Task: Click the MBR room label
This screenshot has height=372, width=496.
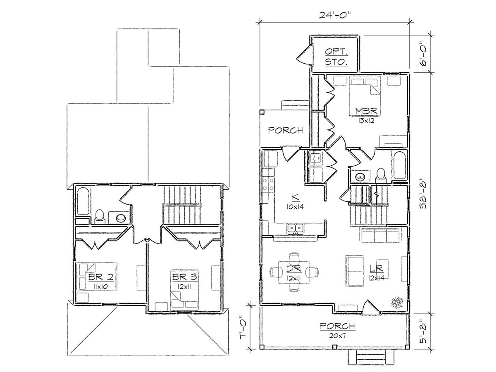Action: coord(366,111)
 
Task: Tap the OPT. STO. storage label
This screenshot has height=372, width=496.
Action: coord(336,57)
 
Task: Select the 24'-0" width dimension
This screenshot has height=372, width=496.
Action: coord(335,15)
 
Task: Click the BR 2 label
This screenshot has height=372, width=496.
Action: coord(101,277)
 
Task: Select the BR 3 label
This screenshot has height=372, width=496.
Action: coord(185,277)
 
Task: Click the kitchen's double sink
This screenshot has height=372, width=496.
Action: coord(296,229)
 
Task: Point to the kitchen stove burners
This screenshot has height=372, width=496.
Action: coord(268,184)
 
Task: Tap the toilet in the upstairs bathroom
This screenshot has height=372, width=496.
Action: coord(99,217)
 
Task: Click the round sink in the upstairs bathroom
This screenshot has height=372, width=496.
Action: coord(121,218)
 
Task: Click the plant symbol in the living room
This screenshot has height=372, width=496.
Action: coord(397,302)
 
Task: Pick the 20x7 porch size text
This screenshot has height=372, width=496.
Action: coord(338,336)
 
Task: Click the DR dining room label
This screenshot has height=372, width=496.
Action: coord(294,269)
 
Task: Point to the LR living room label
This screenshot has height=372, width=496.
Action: coord(376,268)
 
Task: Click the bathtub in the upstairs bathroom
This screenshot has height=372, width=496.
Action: coord(83,201)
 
